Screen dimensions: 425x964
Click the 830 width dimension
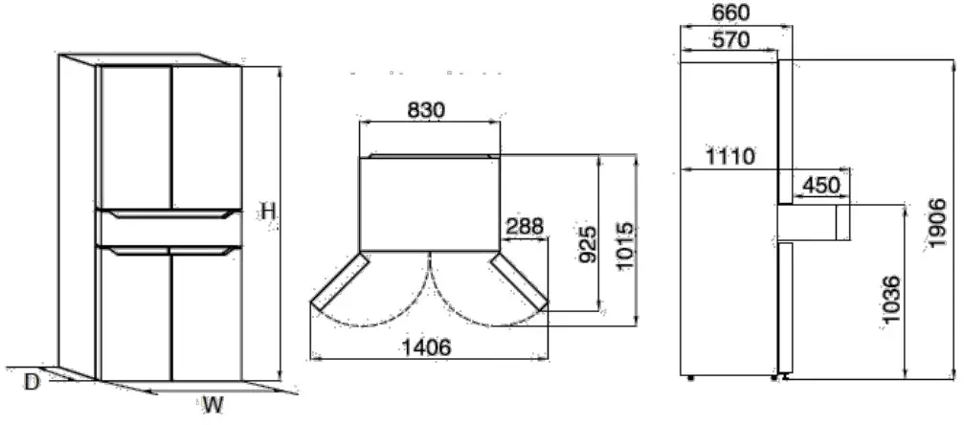click(426, 110)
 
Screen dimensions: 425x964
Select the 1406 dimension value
click(427, 347)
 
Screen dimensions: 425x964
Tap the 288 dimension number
click(524, 227)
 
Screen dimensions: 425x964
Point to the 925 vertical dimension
click(589, 245)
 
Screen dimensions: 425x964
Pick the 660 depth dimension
click(731, 12)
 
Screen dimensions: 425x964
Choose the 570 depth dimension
click(730, 39)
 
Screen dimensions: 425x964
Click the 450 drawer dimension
click(820, 184)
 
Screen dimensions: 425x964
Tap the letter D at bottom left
click(32, 382)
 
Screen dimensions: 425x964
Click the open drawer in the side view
click(814, 222)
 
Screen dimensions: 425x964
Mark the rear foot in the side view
click(692, 379)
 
